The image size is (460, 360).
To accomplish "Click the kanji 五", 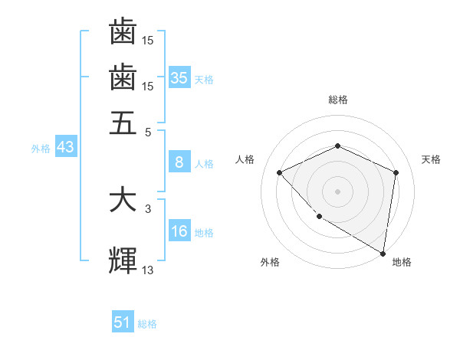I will click(x=123, y=123).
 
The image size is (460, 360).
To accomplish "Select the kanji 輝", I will click(x=123, y=260).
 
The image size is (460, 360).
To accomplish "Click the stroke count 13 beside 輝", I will click(x=148, y=270).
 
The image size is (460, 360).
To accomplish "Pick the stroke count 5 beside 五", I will click(x=148, y=132).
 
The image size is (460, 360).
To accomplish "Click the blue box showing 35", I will click(x=179, y=78).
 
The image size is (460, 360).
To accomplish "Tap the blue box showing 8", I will click(x=179, y=162).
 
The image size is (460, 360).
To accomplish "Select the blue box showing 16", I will click(x=179, y=232).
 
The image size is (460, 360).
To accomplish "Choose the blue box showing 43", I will click(x=65, y=148).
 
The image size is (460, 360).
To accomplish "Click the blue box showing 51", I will click(x=123, y=323).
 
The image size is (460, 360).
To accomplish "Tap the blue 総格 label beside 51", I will click(x=147, y=324).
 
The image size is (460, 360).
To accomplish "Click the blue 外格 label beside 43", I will click(x=41, y=149).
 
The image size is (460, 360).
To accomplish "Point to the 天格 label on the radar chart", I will click(x=431, y=159).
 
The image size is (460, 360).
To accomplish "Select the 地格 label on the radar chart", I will click(x=402, y=263).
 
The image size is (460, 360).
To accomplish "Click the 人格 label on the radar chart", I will click(x=245, y=159).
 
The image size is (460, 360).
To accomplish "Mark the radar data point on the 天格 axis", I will click(x=396, y=172).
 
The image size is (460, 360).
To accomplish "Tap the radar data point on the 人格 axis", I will click(x=280, y=172).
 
